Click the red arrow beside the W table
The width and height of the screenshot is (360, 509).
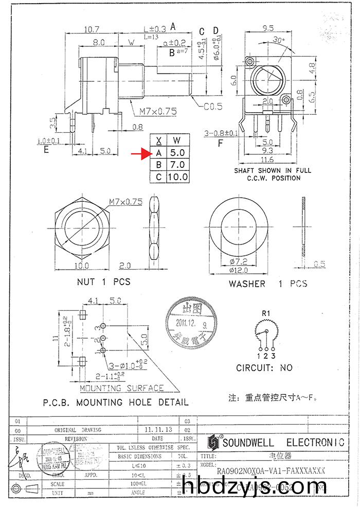[x=139, y=153]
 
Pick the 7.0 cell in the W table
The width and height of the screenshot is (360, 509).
[x=177, y=165]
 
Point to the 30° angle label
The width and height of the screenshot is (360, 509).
[x=279, y=40]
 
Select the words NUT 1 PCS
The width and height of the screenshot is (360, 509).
[x=103, y=282]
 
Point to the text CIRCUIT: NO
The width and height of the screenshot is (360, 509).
[x=264, y=367]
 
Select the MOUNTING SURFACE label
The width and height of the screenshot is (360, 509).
[x=121, y=388]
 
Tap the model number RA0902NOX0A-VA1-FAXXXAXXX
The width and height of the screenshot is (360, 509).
[x=271, y=471]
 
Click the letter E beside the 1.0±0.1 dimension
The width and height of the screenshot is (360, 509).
[x=46, y=150]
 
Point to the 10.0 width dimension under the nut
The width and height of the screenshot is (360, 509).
[x=82, y=266]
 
